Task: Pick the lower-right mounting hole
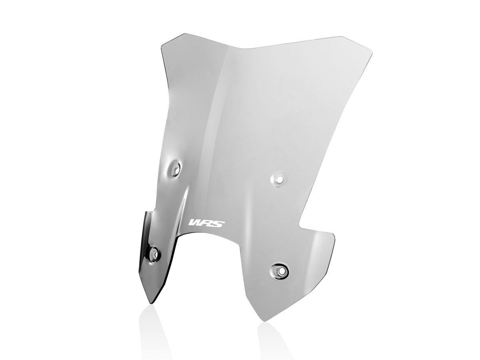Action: [279, 271]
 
